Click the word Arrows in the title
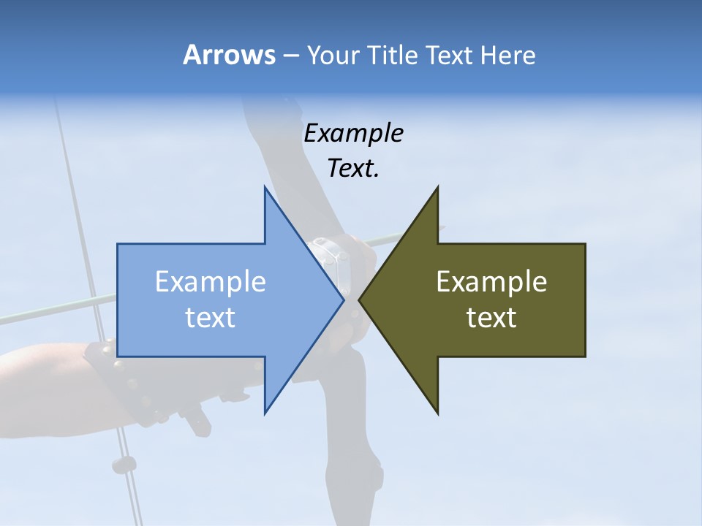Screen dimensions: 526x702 [x=227, y=55]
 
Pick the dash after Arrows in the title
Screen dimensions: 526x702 [x=290, y=56]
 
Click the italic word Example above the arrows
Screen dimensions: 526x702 [x=354, y=133]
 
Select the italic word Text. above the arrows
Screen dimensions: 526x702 [x=354, y=168]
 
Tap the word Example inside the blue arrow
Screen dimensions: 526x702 [x=211, y=281]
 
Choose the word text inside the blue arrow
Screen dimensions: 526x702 [x=211, y=317]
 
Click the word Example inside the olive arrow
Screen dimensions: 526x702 [x=491, y=281]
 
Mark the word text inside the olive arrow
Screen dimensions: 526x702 [x=491, y=317]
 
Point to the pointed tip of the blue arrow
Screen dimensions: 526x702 [x=344, y=300]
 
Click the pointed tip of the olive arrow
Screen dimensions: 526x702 [x=359, y=300]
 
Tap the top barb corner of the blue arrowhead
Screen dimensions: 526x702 [x=265, y=187]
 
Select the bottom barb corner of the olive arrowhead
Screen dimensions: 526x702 [x=438, y=413]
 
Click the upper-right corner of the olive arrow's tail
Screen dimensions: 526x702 [x=585, y=244]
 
